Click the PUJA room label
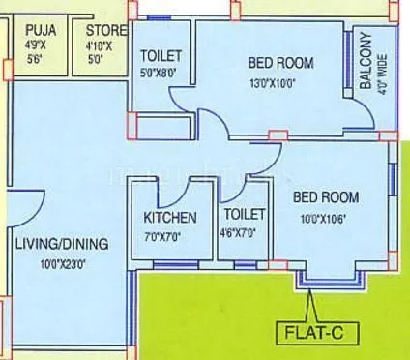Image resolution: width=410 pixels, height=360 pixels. [39, 30]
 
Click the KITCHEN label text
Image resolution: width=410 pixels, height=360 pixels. [171, 218]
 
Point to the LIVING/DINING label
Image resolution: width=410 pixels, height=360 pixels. [60, 243]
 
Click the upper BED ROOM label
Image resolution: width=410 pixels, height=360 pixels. [281, 64]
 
